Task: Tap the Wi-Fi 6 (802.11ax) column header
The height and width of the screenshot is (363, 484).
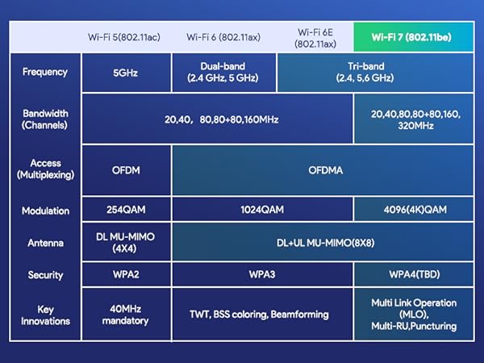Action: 223,37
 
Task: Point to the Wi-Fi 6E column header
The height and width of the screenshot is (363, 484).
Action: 315,37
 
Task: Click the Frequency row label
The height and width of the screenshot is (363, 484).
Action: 45,71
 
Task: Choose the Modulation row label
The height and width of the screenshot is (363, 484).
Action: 45,211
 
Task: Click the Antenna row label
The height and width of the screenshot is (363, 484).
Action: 45,241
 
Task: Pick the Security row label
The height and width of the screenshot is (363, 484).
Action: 45,274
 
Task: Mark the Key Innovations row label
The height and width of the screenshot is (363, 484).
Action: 45,315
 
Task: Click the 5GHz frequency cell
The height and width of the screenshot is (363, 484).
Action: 127,71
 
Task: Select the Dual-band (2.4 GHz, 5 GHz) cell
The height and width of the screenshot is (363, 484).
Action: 223,71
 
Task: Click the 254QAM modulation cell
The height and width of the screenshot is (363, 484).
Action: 127,211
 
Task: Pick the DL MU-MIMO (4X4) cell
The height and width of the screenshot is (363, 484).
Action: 127,241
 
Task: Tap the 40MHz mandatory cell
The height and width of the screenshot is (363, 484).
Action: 127,315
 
